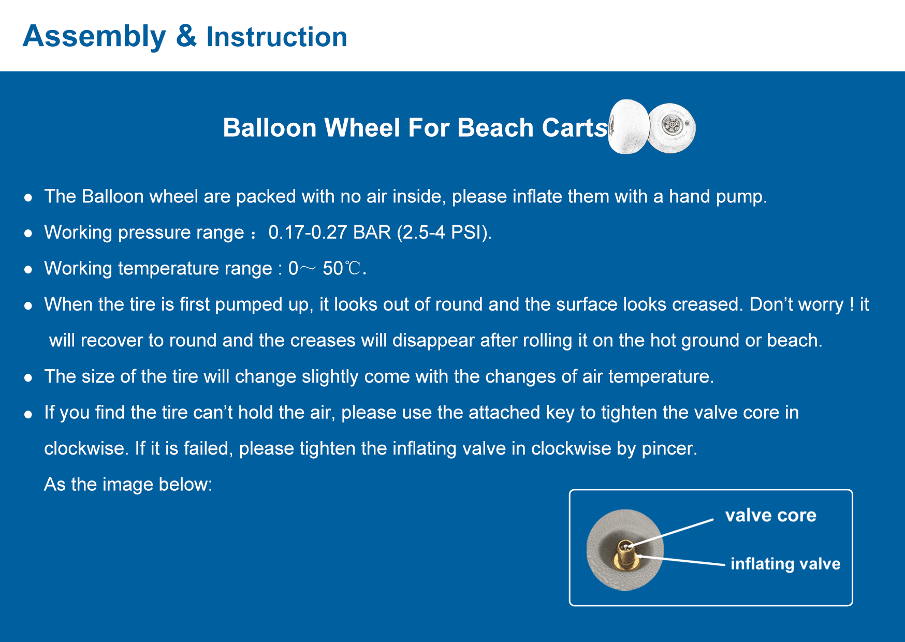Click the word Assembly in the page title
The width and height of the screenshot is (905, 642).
[x=95, y=37]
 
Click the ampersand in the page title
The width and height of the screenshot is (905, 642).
[x=186, y=36]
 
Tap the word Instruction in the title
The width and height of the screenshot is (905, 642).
[x=277, y=37]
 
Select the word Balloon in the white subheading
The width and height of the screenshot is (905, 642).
[x=269, y=127]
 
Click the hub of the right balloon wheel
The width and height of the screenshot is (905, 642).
[x=672, y=124]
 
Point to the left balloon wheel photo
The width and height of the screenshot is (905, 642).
[x=628, y=127]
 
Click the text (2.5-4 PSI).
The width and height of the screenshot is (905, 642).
[x=444, y=232]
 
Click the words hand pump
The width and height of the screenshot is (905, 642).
[x=718, y=197]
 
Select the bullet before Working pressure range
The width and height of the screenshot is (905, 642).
[x=28, y=234]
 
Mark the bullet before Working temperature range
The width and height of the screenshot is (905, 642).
[x=28, y=270]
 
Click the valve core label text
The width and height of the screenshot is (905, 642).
[x=770, y=515]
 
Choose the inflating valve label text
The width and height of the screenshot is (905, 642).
[x=785, y=563]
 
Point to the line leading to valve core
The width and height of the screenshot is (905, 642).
[x=672, y=532]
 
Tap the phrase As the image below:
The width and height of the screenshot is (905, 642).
[x=128, y=485]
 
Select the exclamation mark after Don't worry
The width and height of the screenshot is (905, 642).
[x=852, y=304]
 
